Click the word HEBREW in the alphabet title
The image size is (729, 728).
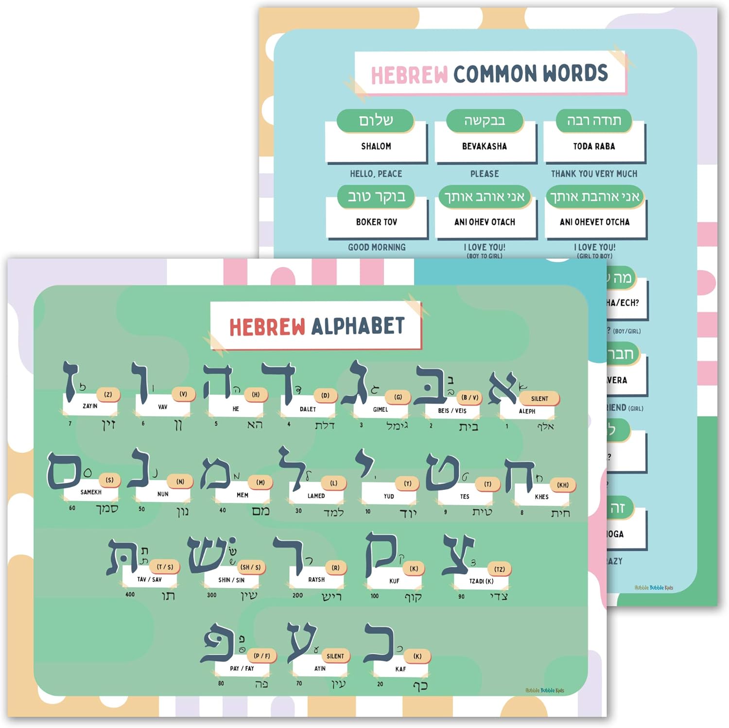click(267, 327)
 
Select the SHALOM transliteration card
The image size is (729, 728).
click(376, 146)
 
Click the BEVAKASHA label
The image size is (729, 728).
click(484, 146)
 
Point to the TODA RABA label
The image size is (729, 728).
click(594, 146)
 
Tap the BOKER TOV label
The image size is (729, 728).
click(376, 222)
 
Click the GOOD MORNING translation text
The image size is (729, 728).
click(377, 247)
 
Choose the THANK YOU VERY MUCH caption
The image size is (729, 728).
click(594, 173)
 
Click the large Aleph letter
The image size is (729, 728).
click(503, 387)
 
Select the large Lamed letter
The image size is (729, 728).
click(291, 469)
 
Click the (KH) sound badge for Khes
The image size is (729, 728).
click(562, 485)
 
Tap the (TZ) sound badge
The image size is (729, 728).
click(499, 569)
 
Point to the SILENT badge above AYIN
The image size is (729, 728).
click(335, 656)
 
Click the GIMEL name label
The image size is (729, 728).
click(380, 410)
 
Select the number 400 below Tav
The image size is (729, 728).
click(130, 594)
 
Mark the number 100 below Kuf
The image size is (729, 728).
click(374, 596)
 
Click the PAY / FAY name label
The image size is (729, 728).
click(242, 669)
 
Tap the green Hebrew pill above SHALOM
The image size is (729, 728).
click(375, 121)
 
